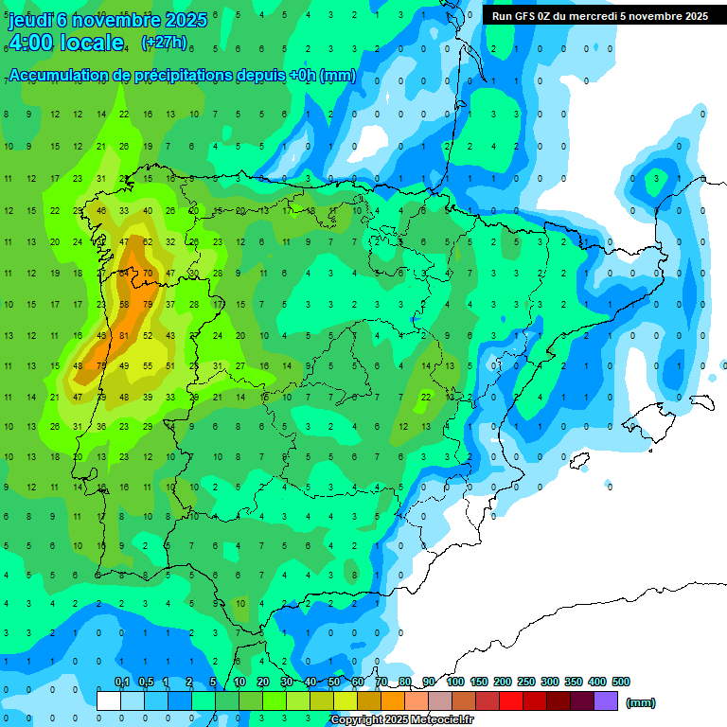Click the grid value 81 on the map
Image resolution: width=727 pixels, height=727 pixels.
[x=124, y=335]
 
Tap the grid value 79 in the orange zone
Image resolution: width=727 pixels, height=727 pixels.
[x=147, y=305]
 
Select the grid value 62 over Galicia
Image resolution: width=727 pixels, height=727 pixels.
[x=147, y=242]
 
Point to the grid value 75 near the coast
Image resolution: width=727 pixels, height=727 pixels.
[x=101, y=366]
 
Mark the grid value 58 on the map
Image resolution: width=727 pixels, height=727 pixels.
[x=124, y=305]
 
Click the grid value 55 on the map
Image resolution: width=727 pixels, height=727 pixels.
[x=147, y=366]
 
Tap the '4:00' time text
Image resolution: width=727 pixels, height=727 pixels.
[x=34, y=43]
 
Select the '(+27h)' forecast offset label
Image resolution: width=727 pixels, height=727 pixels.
[x=163, y=43]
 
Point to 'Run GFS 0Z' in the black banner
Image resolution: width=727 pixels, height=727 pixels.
[x=526, y=16]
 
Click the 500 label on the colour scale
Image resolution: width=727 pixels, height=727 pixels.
[x=621, y=682]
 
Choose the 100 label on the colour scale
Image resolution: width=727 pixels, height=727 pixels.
[x=455, y=682]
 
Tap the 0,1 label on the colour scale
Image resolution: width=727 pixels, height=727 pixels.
[x=121, y=682]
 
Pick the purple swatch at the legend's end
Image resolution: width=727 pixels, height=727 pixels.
[x=606, y=700]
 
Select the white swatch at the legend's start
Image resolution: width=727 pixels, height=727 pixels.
[x=109, y=700]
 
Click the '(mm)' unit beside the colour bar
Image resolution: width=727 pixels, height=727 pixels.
[x=641, y=702]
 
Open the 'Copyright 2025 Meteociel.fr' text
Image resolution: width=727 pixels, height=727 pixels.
[x=401, y=720]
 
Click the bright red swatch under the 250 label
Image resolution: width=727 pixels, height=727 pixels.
[x=511, y=700]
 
